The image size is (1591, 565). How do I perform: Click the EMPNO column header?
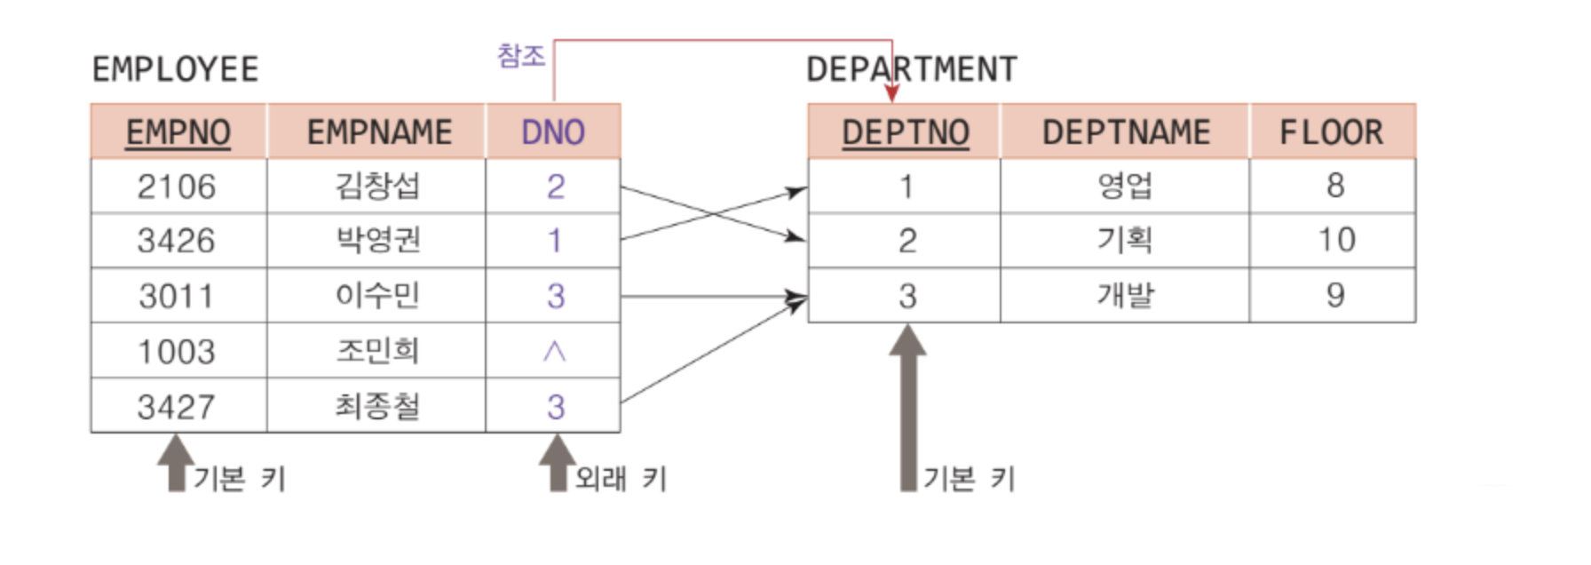[x=178, y=132]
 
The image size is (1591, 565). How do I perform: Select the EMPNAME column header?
[x=379, y=132]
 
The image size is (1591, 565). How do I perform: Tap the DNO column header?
[x=553, y=132]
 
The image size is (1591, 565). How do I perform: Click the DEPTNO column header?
[x=905, y=132]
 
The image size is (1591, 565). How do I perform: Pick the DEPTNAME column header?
[x=1126, y=132]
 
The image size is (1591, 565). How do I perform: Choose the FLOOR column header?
[x=1331, y=132]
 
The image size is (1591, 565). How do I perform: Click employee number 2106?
[x=177, y=187]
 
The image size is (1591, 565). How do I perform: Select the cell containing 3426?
[x=177, y=241]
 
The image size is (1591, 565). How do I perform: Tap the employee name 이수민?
[x=377, y=296]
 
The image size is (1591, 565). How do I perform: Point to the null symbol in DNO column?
[x=554, y=352]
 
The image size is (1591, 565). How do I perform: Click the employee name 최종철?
[x=377, y=407]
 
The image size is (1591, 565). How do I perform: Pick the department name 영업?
[x=1125, y=186]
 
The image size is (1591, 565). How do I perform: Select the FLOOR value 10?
[x=1335, y=240]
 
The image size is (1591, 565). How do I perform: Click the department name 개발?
[x=1125, y=295]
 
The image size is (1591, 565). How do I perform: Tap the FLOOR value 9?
[x=1335, y=295]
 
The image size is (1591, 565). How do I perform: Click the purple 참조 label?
[x=521, y=56]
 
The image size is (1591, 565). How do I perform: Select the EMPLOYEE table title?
[x=175, y=69]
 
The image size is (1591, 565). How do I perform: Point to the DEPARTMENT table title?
[x=911, y=69]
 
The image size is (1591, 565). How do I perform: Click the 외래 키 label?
[x=621, y=479]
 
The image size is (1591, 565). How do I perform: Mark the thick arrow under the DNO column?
[x=557, y=462]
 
